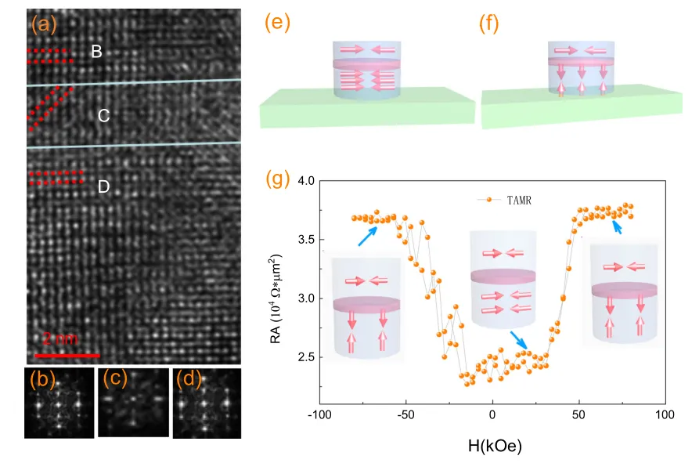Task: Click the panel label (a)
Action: (x=44, y=25)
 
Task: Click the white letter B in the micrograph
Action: (x=96, y=52)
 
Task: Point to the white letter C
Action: (x=103, y=116)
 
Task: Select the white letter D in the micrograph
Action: (x=103, y=187)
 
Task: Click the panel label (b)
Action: (x=41, y=382)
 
